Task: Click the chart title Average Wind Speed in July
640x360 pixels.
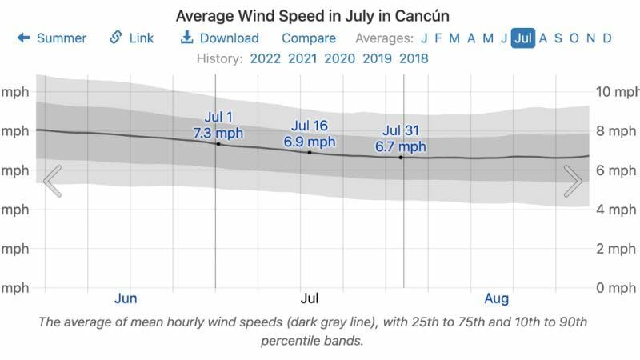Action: pyautogui.click(x=320, y=15)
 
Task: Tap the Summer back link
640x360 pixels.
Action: pyautogui.click(x=52, y=38)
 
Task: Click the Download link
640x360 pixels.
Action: pyautogui.click(x=219, y=38)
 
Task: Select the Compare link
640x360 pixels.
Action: pyautogui.click(x=309, y=38)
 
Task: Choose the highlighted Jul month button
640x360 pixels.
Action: pyautogui.click(x=523, y=38)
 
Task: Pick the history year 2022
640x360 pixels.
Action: pyautogui.click(x=266, y=58)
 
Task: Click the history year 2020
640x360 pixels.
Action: pyautogui.click(x=340, y=58)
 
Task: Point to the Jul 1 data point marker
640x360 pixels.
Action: pyautogui.click(x=218, y=144)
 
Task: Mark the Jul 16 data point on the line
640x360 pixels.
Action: pyautogui.click(x=310, y=152)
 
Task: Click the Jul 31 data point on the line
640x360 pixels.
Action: pyautogui.click(x=401, y=158)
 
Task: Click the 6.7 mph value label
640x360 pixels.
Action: pyautogui.click(x=401, y=146)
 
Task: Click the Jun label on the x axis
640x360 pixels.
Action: pyautogui.click(x=126, y=298)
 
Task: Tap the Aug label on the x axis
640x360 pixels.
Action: pyautogui.click(x=497, y=298)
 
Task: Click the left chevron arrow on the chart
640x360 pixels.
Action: pyautogui.click(x=52, y=181)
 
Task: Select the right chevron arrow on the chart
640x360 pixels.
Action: pyautogui.click(x=573, y=181)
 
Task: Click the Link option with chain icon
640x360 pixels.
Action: pyautogui.click(x=132, y=38)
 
